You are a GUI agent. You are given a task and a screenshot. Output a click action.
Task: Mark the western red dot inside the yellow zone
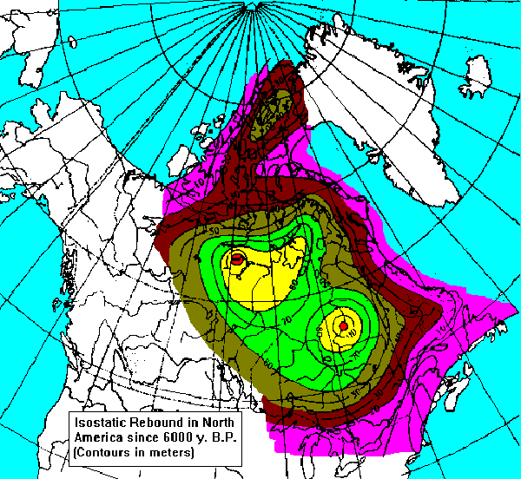[236, 259]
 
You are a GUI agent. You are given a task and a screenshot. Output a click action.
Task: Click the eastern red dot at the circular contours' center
[343, 326]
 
